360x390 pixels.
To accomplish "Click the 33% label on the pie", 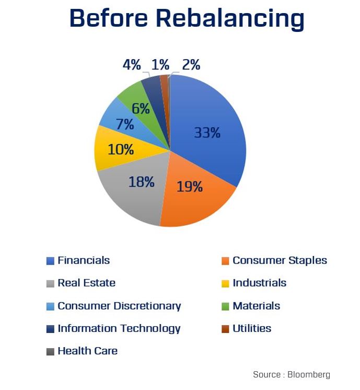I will (x=207, y=133).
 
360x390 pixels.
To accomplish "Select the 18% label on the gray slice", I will (x=142, y=182).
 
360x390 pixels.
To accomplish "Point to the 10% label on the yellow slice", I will (x=121, y=150).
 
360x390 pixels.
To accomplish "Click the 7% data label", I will (x=125, y=125).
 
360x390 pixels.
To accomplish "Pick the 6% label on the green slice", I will (x=141, y=109).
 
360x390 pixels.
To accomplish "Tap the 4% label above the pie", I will (x=132, y=65).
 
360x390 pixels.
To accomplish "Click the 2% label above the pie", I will (x=191, y=65).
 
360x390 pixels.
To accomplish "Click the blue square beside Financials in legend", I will (x=50, y=260).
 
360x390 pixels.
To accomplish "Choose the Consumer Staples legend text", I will (x=280, y=260).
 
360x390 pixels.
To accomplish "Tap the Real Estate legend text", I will (x=86, y=283).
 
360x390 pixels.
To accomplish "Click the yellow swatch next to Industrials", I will (x=225, y=283).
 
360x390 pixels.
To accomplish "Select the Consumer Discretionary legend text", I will (x=119, y=306).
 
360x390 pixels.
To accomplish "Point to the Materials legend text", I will (x=256, y=306).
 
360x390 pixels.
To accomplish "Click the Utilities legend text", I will (x=252, y=328).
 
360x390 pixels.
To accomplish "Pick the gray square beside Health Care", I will (x=50, y=351).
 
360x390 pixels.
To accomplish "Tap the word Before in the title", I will (x=108, y=19).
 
